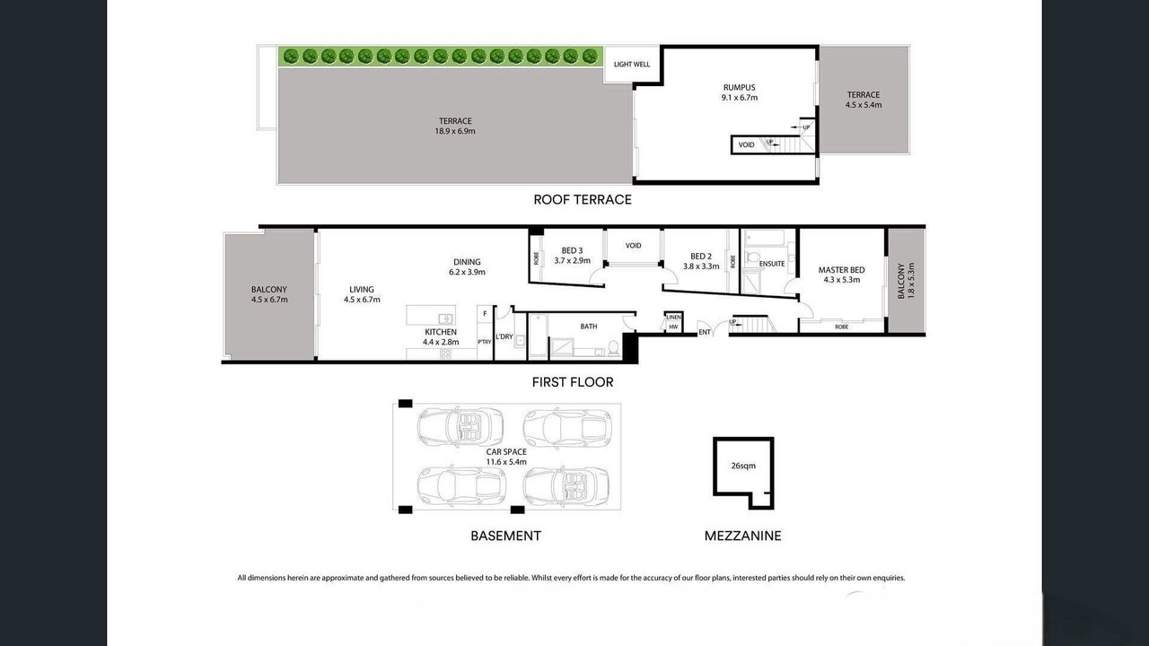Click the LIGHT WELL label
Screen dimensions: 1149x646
(631, 64)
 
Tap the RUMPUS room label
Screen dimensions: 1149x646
(739, 88)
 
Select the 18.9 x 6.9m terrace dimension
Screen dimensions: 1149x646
(455, 131)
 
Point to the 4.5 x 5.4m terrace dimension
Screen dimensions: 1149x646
(864, 105)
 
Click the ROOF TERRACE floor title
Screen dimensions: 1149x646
(583, 199)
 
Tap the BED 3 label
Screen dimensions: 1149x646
(572, 250)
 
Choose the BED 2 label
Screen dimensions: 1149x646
(701, 257)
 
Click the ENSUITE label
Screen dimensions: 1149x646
(772, 264)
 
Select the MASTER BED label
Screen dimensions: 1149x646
(841, 270)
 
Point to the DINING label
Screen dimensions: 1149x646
(467, 262)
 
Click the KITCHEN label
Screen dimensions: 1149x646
(441, 332)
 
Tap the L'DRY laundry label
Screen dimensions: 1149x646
(504, 336)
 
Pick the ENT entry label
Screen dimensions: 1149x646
(705, 332)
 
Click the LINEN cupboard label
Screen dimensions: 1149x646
(673, 318)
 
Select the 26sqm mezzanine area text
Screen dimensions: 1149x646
(743, 466)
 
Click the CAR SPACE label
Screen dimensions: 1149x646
(506, 451)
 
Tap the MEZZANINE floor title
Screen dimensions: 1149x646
(742, 536)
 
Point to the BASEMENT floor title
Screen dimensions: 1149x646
(505, 536)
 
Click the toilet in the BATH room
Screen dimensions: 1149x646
(613, 348)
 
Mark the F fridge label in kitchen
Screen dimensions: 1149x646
(485, 313)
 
